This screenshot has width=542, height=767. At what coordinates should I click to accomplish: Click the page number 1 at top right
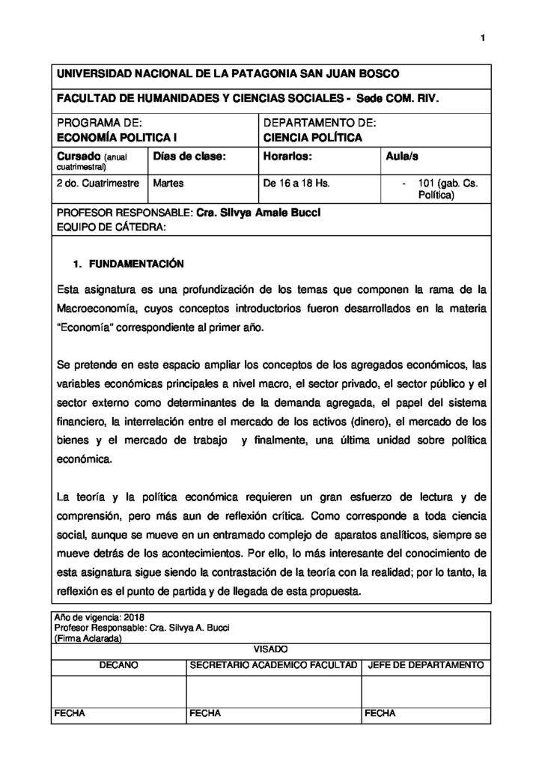point(483,38)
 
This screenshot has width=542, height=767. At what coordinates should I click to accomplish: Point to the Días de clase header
point(188,157)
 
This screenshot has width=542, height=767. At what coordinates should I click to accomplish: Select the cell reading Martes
point(168,182)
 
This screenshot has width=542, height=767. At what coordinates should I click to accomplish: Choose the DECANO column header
point(118,664)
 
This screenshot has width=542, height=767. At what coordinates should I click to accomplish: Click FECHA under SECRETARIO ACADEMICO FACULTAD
point(207,713)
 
